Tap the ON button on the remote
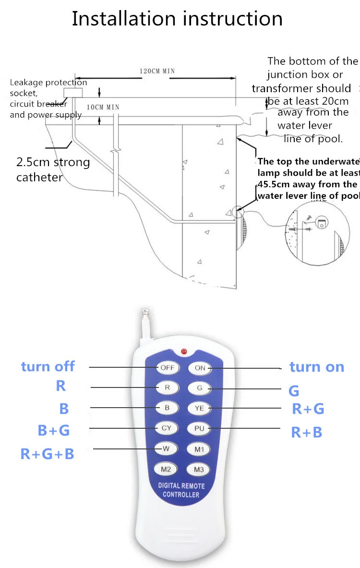pyautogui.click(x=200, y=368)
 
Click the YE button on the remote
pyautogui.click(x=200, y=408)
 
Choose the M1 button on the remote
pyautogui.click(x=200, y=449)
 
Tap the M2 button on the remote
pyautogui.click(x=166, y=469)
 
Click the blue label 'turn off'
pyautogui.click(x=48, y=367)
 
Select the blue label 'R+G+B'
pyautogui.click(x=47, y=454)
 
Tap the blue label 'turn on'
pyautogui.click(x=317, y=367)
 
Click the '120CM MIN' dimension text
pyautogui.click(x=157, y=71)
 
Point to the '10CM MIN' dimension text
pyautogui.click(x=103, y=107)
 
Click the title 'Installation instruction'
pyautogui.click(x=177, y=19)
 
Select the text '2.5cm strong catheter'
pyautogui.click(x=53, y=169)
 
